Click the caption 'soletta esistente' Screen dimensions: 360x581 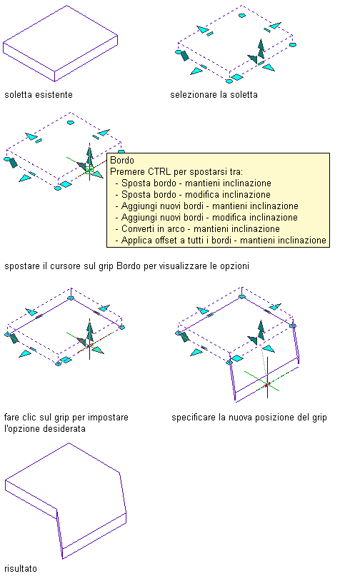pyautogui.click(x=39, y=95)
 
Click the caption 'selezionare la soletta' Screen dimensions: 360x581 pyautogui.click(x=214, y=95)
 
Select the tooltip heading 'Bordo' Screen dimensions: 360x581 pyautogui.click(x=122, y=160)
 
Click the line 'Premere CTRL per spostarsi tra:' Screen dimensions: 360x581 pyautogui.click(x=176, y=171)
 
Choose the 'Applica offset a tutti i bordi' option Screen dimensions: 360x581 pyautogui.click(x=176, y=241)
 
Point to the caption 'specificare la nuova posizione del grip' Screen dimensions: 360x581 pyautogui.click(x=249, y=418)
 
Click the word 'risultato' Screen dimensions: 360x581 pyautogui.click(x=21, y=569)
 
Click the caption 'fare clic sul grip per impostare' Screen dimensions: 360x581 pyautogui.click(x=66, y=418)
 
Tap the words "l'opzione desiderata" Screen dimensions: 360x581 pyautogui.click(x=45, y=429)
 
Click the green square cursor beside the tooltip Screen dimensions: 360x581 pyautogui.click(x=89, y=170)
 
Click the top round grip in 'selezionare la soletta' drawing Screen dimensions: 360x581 pyautogui.click(x=242, y=16)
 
